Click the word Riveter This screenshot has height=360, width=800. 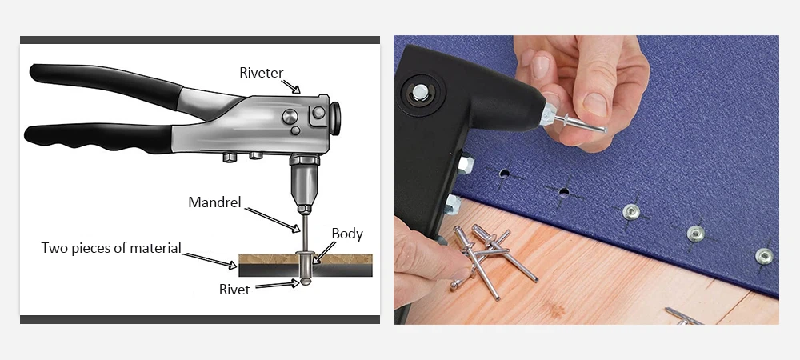[x=262, y=73]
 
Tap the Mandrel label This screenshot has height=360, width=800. [x=214, y=202]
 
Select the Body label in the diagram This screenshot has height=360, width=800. [x=347, y=234]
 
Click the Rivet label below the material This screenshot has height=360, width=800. [x=234, y=290]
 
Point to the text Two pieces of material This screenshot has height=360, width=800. [x=111, y=248]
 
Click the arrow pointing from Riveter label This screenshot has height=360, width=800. [x=291, y=86]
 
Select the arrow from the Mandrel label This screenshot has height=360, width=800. [x=272, y=220]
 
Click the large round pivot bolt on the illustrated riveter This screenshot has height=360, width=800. [x=290, y=117]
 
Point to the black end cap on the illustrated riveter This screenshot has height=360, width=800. [x=335, y=119]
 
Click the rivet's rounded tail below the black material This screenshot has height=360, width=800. [x=305, y=281]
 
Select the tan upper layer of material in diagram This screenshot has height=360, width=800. [x=305, y=259]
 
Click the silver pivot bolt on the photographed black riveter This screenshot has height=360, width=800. [x=420, y=92]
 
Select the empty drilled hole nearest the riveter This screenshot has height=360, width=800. [x=505, y=174]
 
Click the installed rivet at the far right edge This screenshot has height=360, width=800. [x=764, y=256]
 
